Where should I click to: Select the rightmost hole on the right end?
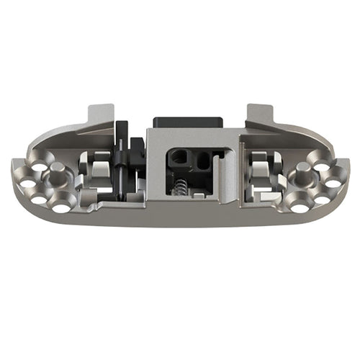click(333, 182)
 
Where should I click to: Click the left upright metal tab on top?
click(99, 115)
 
